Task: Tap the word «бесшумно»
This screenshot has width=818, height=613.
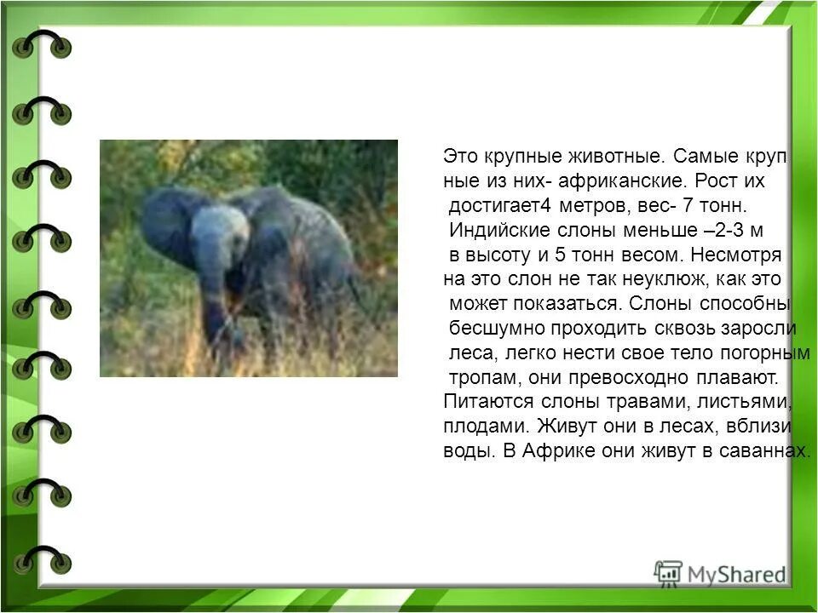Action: click(x=490, y=329)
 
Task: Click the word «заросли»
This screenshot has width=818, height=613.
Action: click(x=760, y=329)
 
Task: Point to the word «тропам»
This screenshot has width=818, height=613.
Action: click(x=476, y=378)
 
